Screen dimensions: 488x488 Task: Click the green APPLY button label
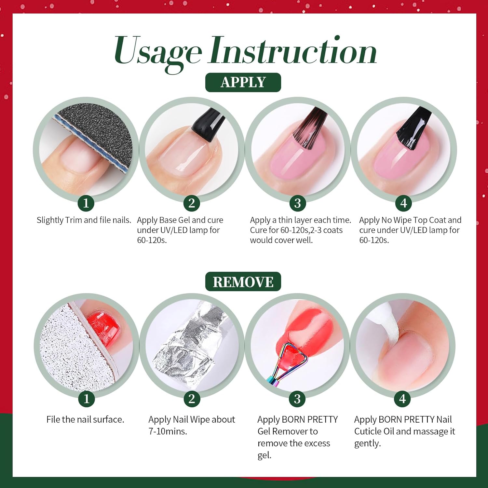pos(243,82)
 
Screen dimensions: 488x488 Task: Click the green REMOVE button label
pos(243,282)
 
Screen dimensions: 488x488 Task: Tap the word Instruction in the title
pos(293,50)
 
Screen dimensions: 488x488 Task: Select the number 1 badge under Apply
pos(86,203)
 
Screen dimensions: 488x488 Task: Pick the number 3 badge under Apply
pos(297,203)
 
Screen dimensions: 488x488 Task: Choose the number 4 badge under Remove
pos(403,399)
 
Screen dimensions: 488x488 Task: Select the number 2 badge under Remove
pos(192,399)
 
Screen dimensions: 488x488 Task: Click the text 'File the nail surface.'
pos(85,419)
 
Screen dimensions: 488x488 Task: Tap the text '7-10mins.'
pos(168,431)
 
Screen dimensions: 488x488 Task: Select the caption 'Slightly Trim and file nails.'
pos(84,220)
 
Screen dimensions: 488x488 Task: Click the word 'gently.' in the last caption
pos(367,444)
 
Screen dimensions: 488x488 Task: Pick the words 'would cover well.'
pos(281,240)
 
